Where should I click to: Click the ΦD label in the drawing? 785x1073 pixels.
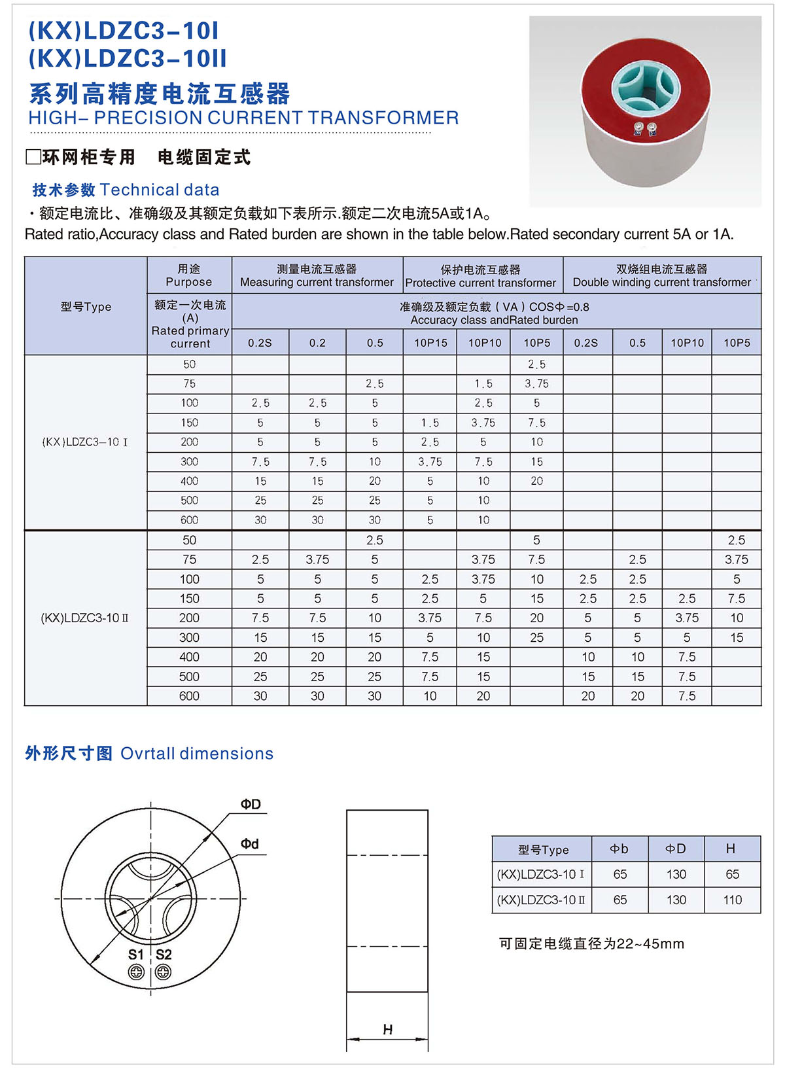click(251, 804)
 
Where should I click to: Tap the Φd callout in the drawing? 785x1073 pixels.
click(250, 844)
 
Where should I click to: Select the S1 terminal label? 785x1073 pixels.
click(135, 955)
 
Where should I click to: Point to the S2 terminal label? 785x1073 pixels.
click(164, 955)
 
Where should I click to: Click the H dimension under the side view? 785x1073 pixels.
click(387, 1030)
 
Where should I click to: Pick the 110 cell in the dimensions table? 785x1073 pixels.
click(732, 900)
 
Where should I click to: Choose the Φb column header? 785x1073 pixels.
click(619, 849)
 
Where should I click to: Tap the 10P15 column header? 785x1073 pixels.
click(430, 343)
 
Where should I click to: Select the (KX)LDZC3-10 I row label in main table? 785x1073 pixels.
click(85, 442)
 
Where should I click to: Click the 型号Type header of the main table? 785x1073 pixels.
click(86, 307)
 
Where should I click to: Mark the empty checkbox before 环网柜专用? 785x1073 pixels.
click(33, 158)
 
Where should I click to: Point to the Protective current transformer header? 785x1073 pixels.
click(481, 283)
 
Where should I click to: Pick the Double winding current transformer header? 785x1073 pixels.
click(661, 282)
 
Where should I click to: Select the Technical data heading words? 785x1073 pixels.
click(160, 190)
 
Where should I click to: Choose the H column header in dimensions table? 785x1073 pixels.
click(731, 849)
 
